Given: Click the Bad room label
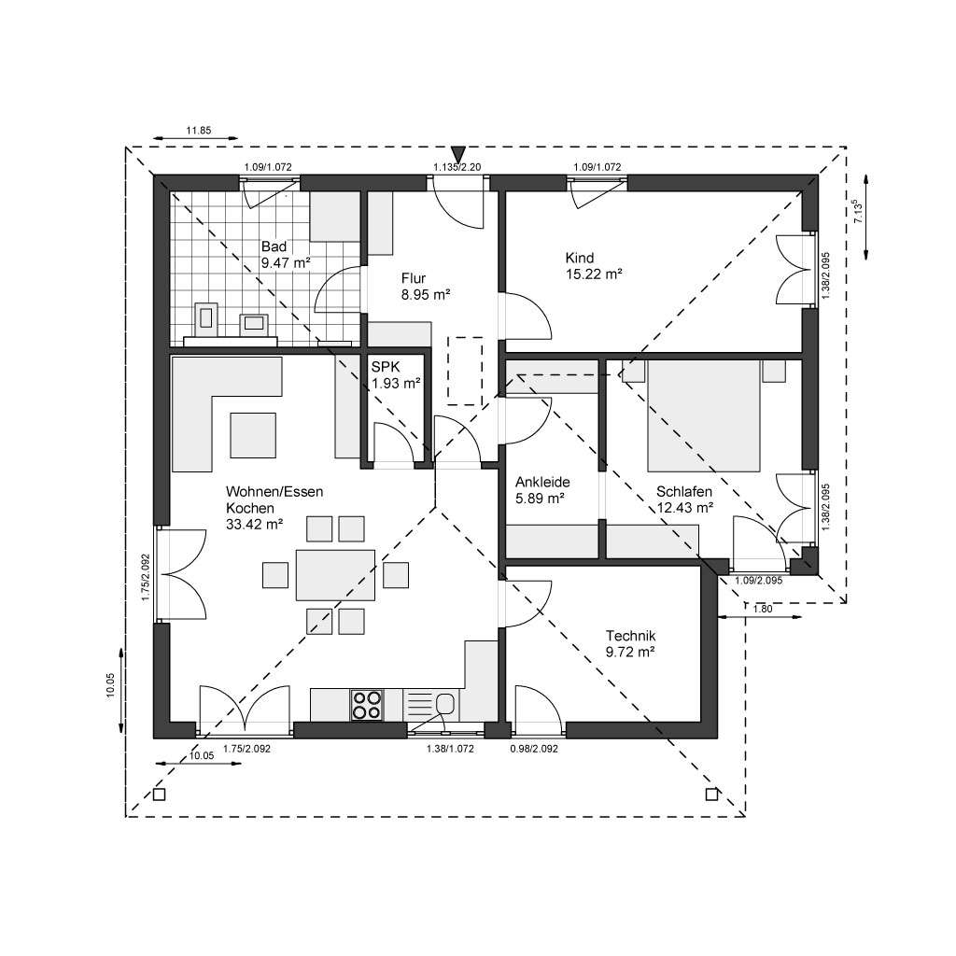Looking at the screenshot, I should pyautogui.click(x=274, y=246).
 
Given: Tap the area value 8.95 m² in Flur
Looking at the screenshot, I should pyautogui.click(x=426, y=294).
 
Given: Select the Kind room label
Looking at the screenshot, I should pyautogui.click(x=580, y=258).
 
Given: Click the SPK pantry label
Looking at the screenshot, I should pyautogui.click(x=383, y=367).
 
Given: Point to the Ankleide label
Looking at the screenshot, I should pyautogui.click(x=542, y=483).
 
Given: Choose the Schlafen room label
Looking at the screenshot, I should pyautogui.click(x=684, y=491).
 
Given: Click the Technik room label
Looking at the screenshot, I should pyautogui.click(x=630, y=636).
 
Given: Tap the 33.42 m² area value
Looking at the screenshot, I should pyautogui.click(x=254, y=525).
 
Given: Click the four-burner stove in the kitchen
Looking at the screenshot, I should pyautogui.click(x=365, y=705).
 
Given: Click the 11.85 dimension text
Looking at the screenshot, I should pyautogui.click(x=199, y=130).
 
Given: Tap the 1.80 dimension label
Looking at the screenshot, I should pyautogui.click(x=762, y=609).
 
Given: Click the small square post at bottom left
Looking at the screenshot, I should pyautogui.click(x=159, y=794).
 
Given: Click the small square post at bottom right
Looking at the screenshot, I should pyautogui.click(x=712, y=794).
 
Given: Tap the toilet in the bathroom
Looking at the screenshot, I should pyautogui.click(x=207, y=317).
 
